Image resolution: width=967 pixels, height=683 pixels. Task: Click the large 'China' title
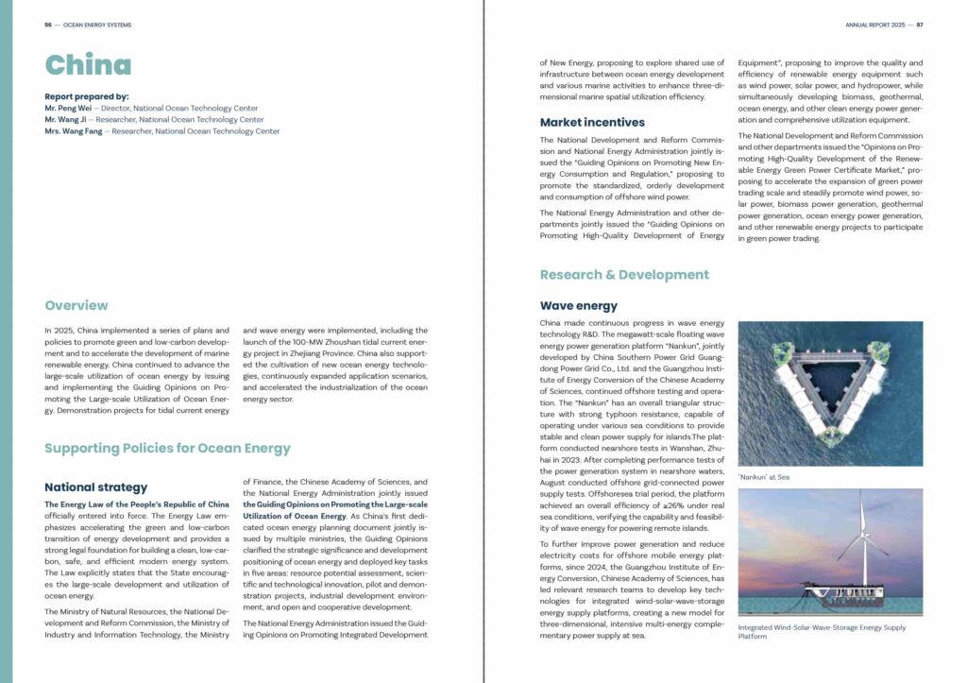88,64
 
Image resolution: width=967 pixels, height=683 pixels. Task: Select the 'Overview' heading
76,305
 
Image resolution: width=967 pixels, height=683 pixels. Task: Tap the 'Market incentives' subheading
592,122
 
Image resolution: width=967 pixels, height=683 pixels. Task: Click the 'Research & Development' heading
624,275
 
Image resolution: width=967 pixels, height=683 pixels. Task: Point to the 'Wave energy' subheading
579,305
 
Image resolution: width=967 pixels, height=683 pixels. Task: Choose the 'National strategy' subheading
96,487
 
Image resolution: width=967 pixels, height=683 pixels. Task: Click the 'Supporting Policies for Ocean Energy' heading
167,448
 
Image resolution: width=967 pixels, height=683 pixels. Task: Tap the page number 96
48,25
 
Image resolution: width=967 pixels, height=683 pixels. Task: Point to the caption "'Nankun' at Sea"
763,477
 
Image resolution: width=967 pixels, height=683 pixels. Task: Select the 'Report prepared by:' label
86,96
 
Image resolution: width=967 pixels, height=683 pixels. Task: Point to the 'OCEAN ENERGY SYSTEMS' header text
97,25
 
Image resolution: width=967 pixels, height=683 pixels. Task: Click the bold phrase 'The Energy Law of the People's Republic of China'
137,504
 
